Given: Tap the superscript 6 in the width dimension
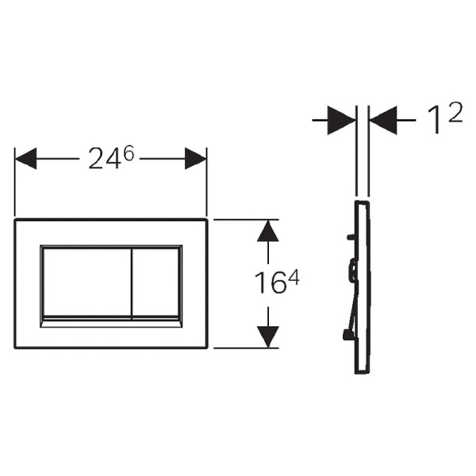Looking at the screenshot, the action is [129, 153].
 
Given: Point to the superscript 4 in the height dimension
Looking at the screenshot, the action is [294, 277].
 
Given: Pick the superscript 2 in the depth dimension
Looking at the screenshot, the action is [455, 112].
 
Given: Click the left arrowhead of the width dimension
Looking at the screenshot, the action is [26, 159].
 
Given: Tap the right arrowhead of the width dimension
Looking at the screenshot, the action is [196, 159].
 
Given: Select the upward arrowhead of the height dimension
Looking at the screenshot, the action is [268, 231].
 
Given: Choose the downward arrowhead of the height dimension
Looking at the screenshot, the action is [268, 337].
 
